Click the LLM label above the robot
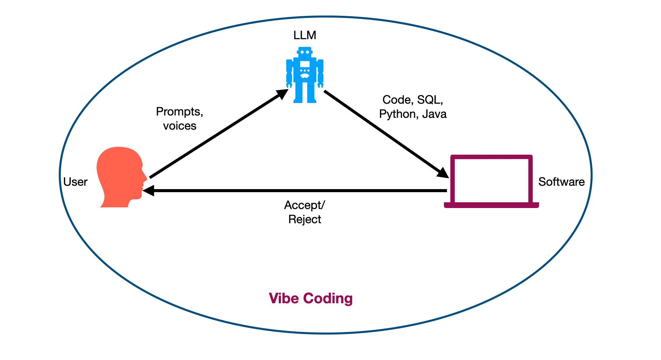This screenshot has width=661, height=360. click(x=305, y=35)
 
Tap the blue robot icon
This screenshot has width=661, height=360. click(x=305, y=75)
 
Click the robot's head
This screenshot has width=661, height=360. click(x=305, y=52)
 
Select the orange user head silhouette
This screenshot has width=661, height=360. click(x=122, y=177)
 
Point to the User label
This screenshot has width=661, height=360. click(x=75, y=182)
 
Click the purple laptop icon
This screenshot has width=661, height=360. click(x=491, y=181)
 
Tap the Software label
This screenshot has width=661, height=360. click(x=561, y=182)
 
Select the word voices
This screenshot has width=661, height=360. click(x=180, y=126)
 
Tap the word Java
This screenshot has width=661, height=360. click(x=434, y=114)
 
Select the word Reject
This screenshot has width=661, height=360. click(x=305, y=220)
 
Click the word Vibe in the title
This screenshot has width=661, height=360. click(x=284, y=298)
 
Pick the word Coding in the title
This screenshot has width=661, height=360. click(x=328, y=299)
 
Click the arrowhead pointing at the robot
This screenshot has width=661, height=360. click(x=283, y=94)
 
